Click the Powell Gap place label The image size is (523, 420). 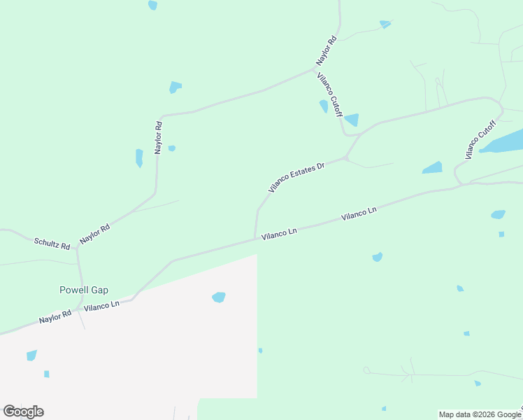83,290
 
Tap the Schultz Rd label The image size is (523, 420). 52,244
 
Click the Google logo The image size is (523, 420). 23,412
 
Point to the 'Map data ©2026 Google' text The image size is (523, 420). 480,414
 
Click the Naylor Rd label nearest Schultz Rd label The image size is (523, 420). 95,233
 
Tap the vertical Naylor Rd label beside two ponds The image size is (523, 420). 158,137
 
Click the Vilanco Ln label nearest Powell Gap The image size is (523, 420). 102,306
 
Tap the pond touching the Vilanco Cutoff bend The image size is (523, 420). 351,120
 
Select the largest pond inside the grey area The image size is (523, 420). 219,297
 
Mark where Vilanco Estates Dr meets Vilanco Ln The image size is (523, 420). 255,239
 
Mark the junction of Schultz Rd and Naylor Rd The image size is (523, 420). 77,248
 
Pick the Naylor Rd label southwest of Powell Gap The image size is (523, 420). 55,316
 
